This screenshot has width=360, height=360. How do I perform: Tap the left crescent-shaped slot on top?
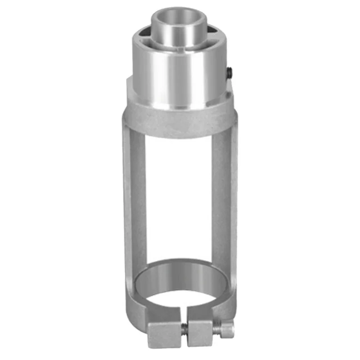145,34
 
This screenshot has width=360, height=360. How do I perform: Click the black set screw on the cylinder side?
230,72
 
